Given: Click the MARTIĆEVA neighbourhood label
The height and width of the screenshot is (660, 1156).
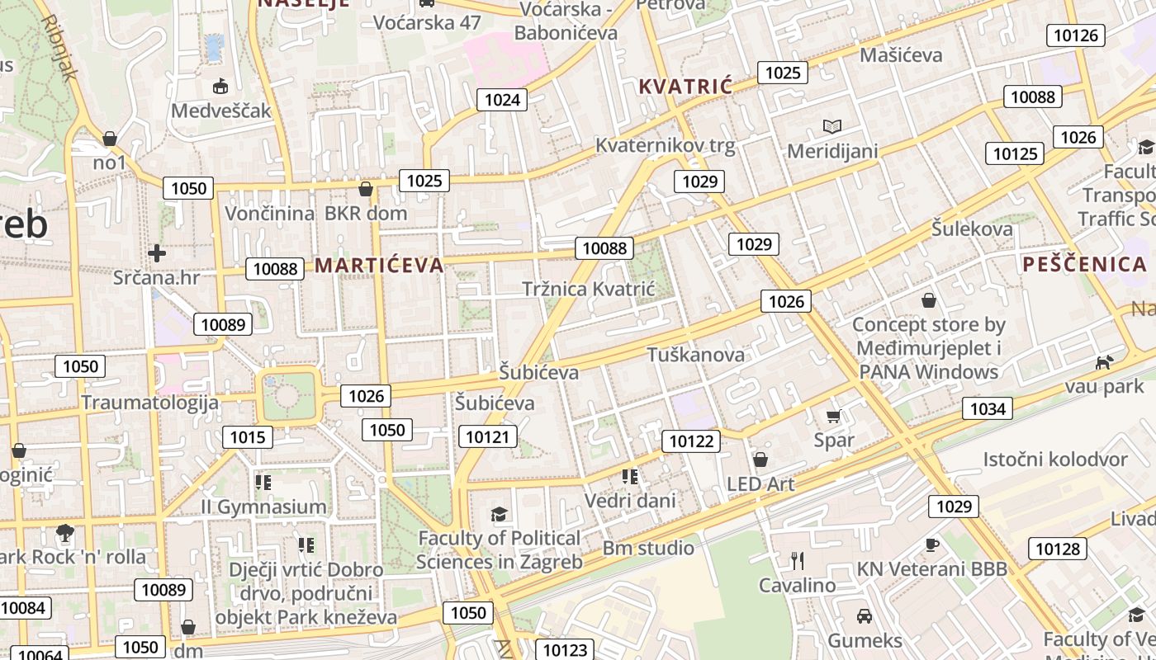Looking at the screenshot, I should pos(379,265).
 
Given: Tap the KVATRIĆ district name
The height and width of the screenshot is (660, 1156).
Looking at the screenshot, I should pos(685,87).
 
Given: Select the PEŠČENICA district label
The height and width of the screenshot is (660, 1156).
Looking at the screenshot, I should pos(1084,264).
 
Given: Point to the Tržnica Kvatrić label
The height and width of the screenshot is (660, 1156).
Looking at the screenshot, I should pos(588,289).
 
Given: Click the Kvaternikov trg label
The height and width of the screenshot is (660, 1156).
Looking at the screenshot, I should pos(665,145).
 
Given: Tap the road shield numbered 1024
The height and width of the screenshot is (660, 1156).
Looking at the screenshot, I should pos(502,100).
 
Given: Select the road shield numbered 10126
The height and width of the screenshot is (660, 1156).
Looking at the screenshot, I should pos(1076,35).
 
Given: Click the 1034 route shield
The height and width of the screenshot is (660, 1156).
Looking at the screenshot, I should pos(988,408).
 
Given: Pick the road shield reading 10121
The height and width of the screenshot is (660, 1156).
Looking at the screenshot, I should pos(488,436).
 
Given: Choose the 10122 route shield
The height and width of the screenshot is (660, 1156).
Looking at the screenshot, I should pos(690,441).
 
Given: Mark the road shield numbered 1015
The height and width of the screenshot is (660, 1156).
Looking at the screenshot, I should pos(248,436).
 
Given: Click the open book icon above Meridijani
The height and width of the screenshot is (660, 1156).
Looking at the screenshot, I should pos(832,126).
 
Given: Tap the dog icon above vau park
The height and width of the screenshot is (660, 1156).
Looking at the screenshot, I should pos(1103,362).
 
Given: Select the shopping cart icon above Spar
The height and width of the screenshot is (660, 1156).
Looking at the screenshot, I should pos(833,417).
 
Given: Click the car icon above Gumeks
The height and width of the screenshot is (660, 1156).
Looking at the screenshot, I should pos(864,615).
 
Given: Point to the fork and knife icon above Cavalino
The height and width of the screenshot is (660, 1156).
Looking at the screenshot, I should pos(797,561).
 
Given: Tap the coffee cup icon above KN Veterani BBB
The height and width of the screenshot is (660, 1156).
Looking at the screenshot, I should pos(931,544).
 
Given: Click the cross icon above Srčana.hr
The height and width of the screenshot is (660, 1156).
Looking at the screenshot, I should pos(157,252).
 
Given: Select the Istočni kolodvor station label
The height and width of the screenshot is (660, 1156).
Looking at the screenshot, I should pos(1054,460).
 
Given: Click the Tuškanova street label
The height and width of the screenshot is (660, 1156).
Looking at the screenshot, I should pos(695,355).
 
